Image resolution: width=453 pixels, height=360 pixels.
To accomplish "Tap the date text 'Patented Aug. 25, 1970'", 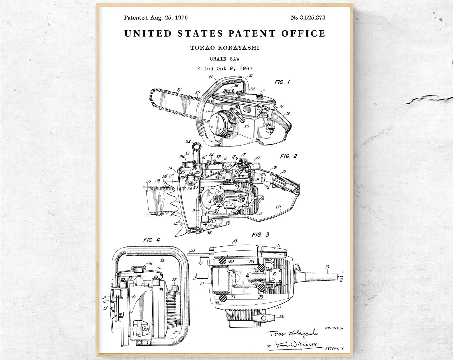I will [155, 18].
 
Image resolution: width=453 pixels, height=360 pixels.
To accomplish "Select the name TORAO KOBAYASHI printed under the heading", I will [225, 48].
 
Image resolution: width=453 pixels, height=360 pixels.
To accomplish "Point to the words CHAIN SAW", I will [225, 59].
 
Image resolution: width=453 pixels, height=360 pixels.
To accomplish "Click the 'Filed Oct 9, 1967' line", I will [225, 69].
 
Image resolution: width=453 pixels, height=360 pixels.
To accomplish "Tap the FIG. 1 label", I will [282, 82].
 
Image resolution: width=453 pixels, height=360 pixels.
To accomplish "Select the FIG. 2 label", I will [288, 156].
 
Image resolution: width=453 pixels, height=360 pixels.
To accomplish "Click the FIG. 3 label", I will [260, 235].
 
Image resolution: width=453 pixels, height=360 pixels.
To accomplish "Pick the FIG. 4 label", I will [151, 240].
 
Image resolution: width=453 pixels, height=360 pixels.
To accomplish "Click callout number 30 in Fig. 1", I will [179, 89].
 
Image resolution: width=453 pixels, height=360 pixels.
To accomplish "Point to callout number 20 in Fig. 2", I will [278, 207].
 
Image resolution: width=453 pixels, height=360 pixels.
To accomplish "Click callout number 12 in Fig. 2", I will [260, 214].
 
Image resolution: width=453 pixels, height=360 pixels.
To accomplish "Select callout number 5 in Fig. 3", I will [279, 245].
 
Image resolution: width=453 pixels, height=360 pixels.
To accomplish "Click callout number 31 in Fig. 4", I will [104, 297].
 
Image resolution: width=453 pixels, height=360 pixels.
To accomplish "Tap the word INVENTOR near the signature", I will [334, 328].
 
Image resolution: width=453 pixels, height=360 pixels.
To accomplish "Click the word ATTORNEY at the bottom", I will [334, 349].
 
